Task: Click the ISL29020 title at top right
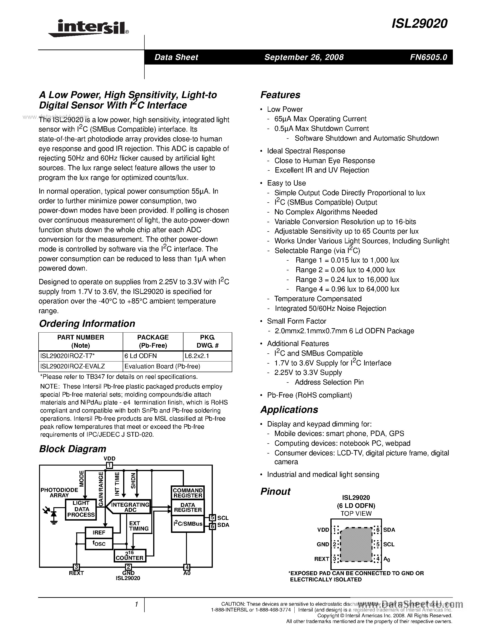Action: point(419,24)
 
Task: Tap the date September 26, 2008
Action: point(304,57)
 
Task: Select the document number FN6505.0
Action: point(428,57)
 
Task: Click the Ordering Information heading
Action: point(87,324)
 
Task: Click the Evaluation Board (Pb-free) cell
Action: point(162,366)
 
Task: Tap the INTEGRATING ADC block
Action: point(130,507)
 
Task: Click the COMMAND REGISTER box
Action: point(188,493)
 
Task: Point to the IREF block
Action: point(99,532)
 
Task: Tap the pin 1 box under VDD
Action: point(109,465)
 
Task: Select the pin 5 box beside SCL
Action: point(212,518)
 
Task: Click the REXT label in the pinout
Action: point(321,559)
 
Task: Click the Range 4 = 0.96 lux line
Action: point(347,289)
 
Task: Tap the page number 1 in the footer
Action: point(136,605)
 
